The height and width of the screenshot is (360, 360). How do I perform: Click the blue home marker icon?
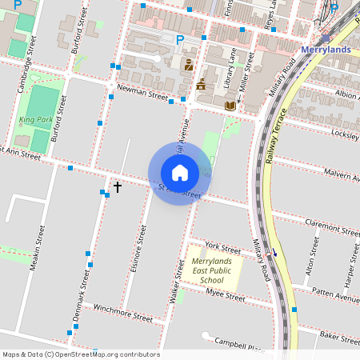point(180,173)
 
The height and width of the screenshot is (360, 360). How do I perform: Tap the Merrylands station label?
point(326,50)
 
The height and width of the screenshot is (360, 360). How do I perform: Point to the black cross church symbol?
point(118,187)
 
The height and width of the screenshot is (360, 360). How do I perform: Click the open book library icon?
point(230,105)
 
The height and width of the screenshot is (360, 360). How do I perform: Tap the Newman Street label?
point(142,93)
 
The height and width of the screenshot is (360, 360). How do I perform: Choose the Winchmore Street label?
point(122,312)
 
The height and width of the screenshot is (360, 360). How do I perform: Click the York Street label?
point(222,247)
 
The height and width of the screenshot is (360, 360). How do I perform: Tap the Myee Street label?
point(225,295)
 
